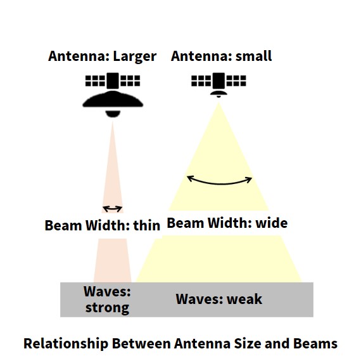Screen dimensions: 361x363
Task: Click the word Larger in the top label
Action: pos(135,56)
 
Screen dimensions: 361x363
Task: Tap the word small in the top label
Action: pos(253,56)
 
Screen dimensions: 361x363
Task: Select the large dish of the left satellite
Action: pos(113,99)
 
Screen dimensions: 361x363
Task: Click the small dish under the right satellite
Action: pos(218,93)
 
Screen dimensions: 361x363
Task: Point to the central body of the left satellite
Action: pos(113,81)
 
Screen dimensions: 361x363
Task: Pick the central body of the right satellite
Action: pos(218,81)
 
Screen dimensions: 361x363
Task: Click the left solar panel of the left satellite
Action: pos(96,81)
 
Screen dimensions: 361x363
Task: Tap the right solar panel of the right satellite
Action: pos(236,81)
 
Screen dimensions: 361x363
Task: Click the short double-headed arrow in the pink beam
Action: pos(112,209)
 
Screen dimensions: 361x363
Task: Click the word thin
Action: pos(147,225)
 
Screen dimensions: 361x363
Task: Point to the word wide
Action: pos(272,223)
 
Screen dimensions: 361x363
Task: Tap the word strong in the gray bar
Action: pos(107,308)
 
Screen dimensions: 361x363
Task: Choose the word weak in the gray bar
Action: pos(244,299)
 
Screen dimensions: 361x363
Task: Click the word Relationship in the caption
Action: pos(66,343)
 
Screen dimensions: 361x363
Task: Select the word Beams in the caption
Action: pos(315,343)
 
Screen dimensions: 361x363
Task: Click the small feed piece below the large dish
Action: pos(113,114)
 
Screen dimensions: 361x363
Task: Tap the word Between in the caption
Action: pos(141,343)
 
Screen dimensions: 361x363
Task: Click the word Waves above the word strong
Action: pos(107,291)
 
